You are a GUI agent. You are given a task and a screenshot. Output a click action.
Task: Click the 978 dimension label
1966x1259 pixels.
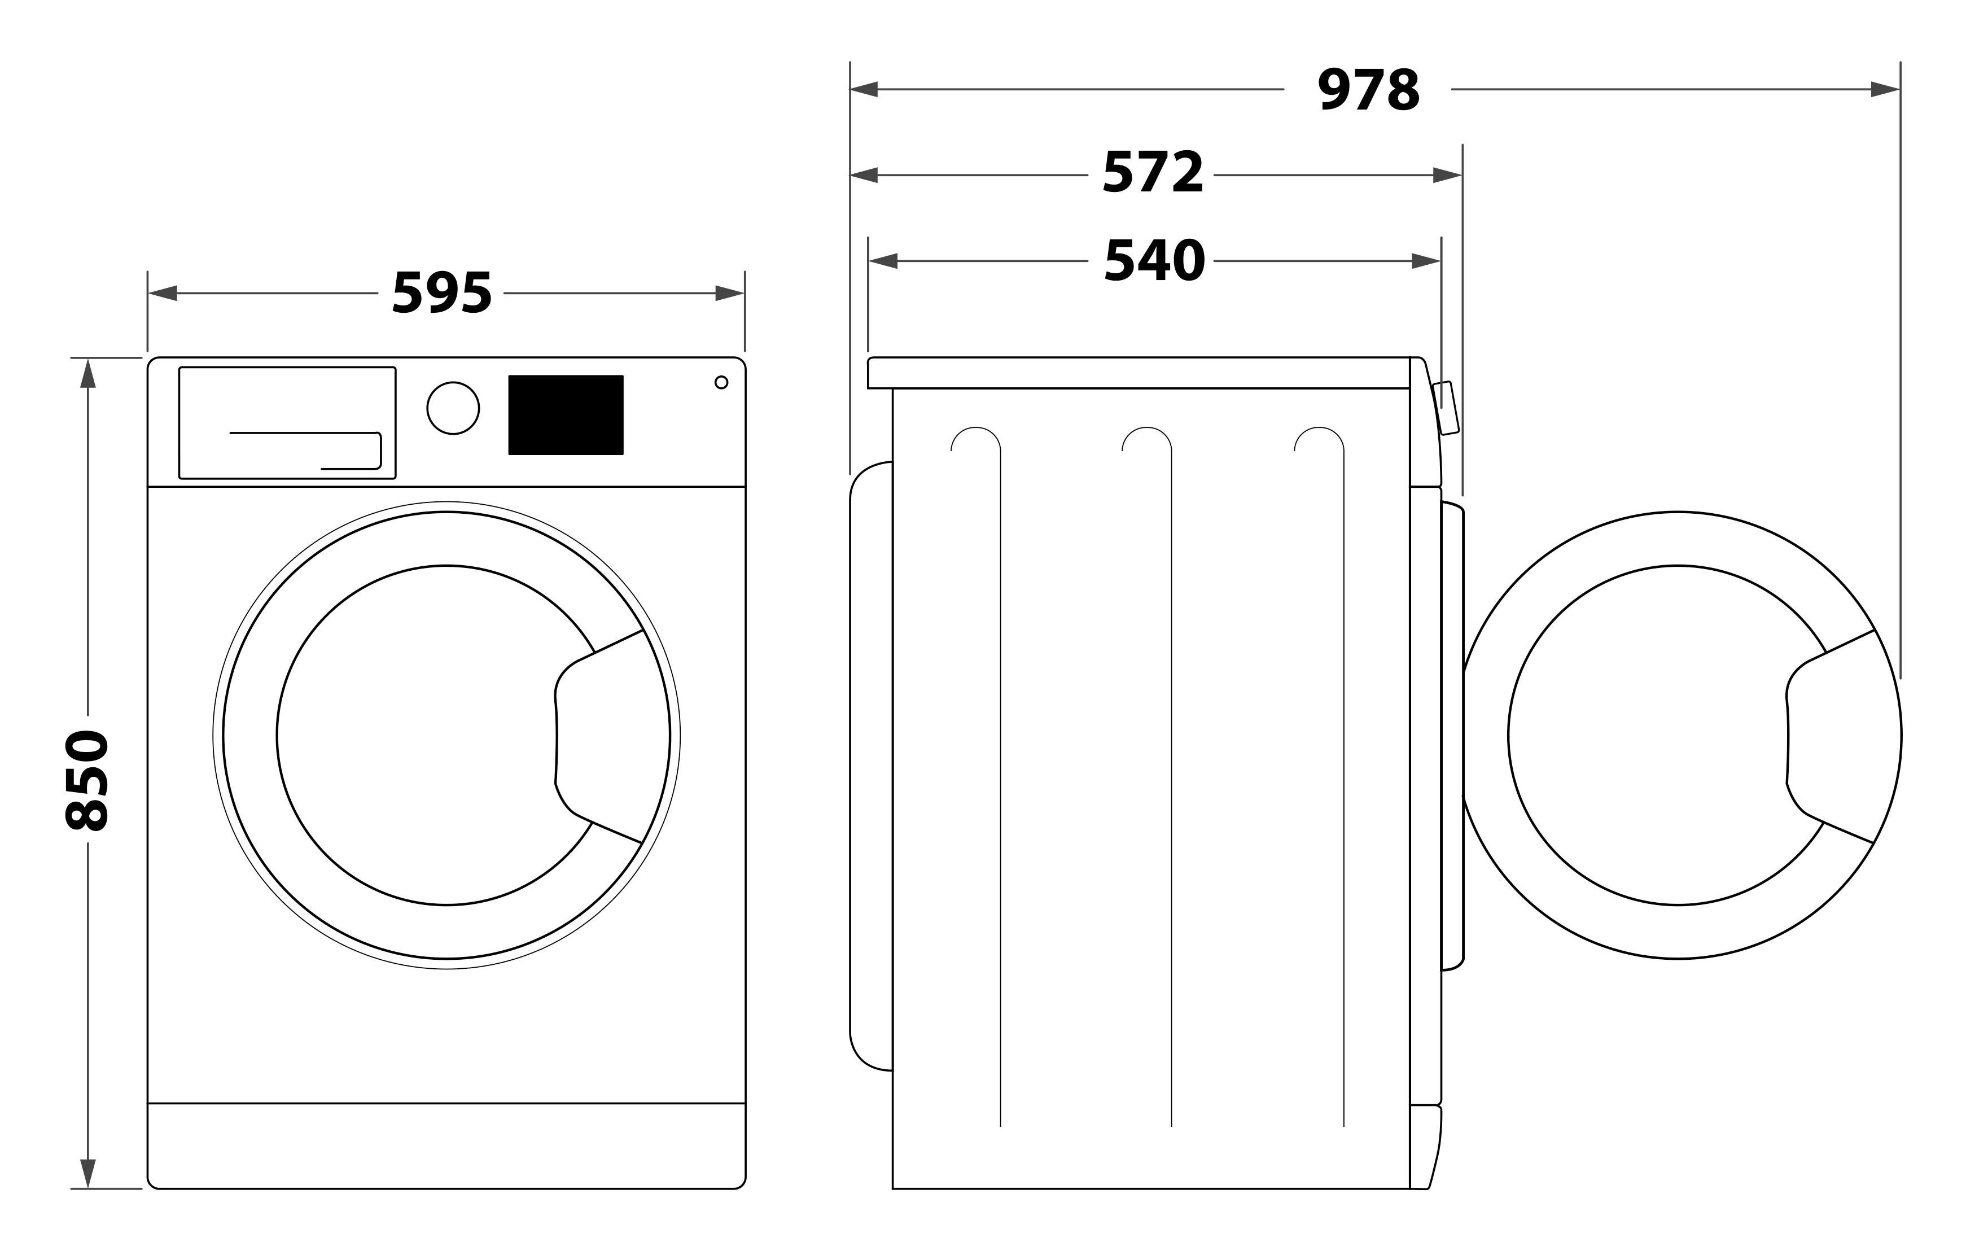click(x=1369, y=90)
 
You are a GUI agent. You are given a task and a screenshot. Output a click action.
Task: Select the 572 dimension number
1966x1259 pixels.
click(x=1153, y=173)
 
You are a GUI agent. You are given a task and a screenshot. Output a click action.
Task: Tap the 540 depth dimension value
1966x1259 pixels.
click(x=1154, y=261)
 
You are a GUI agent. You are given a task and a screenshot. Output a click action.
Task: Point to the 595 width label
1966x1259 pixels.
click(x=442, y=292)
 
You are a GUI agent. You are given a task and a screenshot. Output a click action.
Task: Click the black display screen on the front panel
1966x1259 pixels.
click(x=566, y=414)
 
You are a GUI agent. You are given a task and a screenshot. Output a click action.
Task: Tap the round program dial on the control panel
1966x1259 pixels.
click(x=453, y=408)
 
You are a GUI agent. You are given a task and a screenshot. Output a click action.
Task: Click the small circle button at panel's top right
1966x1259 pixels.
click(x=721, y=383)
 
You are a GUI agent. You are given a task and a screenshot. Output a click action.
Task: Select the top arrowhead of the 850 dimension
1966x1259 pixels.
click(x=87, y=373)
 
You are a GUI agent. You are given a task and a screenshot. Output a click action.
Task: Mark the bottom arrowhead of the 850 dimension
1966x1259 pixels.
click(x=87, y=1174)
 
